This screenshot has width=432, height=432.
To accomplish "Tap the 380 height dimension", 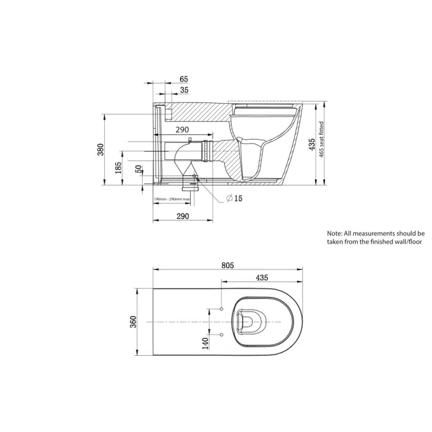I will tap(100, 150).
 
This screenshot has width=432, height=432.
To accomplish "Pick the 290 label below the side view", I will tap(182, 217).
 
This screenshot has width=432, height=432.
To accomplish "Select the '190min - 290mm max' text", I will tap(172, 200).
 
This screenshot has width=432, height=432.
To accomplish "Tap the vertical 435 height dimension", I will tap(312, 144).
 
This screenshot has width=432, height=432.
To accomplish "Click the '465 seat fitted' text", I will tap(323, 144).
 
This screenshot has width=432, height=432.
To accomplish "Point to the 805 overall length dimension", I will tap(227, 265).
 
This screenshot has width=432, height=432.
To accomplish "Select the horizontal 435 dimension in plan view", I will tap(262, 277).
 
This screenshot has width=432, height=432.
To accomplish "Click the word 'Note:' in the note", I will tap(335, 234).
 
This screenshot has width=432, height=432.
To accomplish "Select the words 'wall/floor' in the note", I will tap(404, 243).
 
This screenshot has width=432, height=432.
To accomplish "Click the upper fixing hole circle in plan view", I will tap(221, 309).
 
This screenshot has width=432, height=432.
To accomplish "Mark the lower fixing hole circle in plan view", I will tap(221, 334).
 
